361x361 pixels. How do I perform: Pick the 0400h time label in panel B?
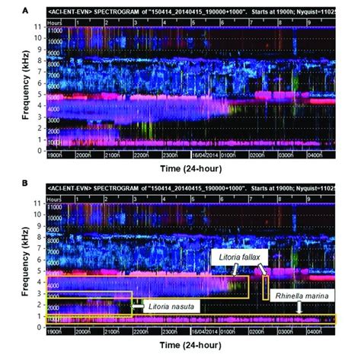tap(313, 333)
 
